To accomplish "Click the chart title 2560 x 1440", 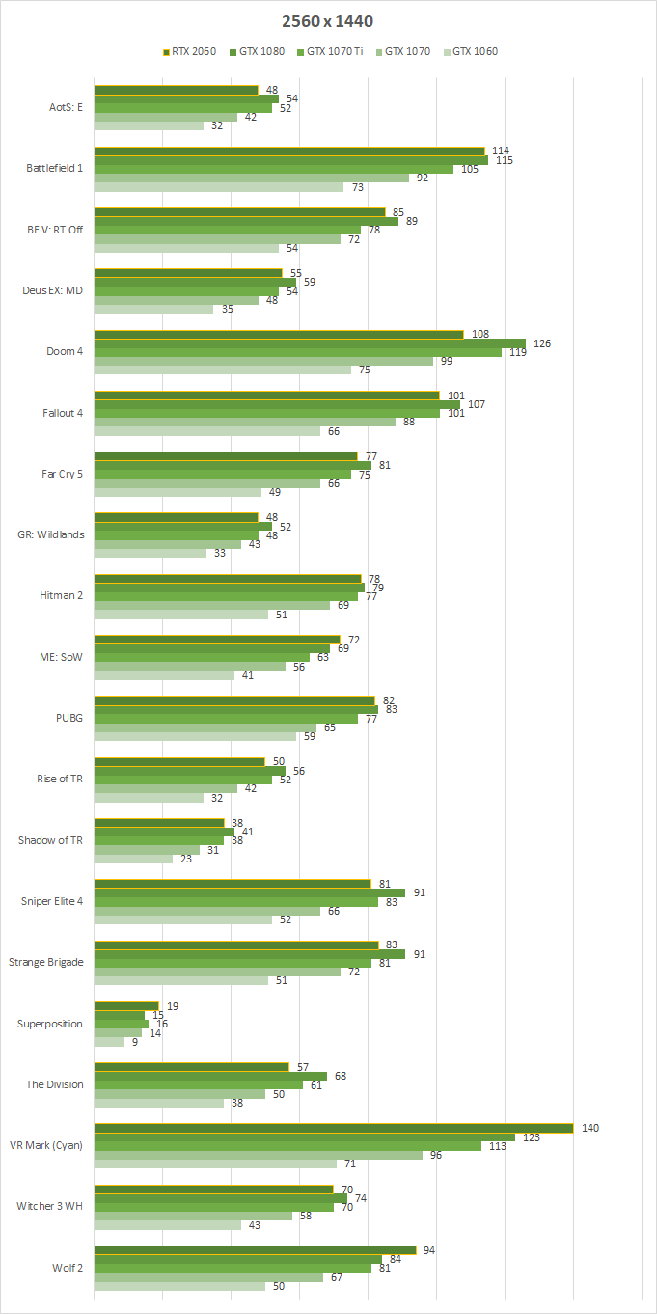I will [x=329, y=20].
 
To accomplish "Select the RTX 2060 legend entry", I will [x=191, y=51].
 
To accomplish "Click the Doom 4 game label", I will [x=66, y=351].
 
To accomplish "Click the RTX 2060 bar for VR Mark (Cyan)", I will [x=333, y=1128].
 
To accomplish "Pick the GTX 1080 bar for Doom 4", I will [x=309, y=343].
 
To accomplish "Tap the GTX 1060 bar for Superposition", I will [x=109, y=1042].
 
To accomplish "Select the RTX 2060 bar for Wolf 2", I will [x=255, y=1250].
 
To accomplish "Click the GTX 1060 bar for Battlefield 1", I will [x=218, y=187].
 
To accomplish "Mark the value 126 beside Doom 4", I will [x=542, y=343].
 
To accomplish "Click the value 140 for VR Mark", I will [x=590, y=1128].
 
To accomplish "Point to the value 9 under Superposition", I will [x=135, y=1042].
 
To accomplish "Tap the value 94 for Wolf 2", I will [x=429, y=1250].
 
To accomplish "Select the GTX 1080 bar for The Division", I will [x=210, y=1076].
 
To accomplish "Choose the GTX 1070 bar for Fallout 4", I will [x=244, y=422].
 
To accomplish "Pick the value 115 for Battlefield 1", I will [x=504, y=160].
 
